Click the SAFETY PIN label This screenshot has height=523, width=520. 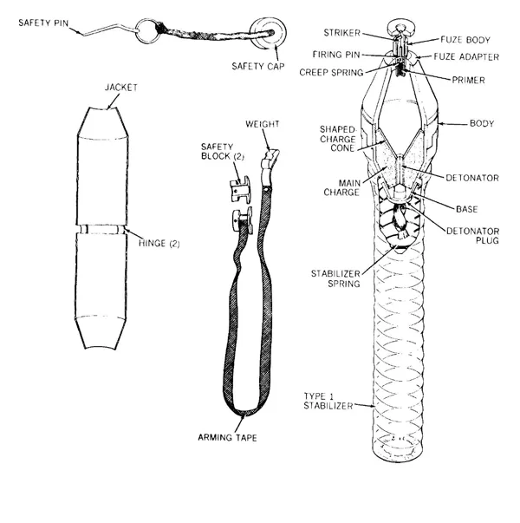point(43,23)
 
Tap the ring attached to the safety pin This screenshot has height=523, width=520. point(136,31)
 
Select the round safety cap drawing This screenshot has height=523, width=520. point(268,33)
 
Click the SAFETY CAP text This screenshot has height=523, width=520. point(258,66)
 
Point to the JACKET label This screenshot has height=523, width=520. point(121,88)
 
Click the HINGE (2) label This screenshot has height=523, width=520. point(159,243)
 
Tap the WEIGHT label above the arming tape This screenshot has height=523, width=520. point(263,124)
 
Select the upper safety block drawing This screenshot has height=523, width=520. point(240,189)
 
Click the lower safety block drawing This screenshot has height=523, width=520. point(243,220)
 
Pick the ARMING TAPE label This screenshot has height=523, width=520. point(227,437)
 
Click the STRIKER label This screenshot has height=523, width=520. point(342,33)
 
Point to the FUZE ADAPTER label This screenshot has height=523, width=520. point(466,56)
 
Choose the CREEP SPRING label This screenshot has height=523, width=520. point(331,72)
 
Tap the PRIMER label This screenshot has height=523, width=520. point(468,80)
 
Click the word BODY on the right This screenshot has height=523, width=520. point(482,123)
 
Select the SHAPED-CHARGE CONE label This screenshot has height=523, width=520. point(338,139)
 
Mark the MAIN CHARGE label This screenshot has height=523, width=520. point(342,188)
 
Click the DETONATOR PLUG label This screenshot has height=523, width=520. point(472,236)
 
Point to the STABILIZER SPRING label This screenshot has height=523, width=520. point(335,278)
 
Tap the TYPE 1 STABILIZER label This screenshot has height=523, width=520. point(328,402)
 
